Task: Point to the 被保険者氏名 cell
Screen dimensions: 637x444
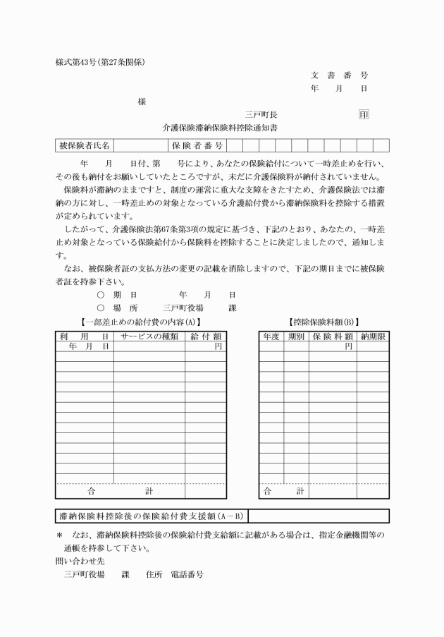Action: pyautogui.click(x=84, y=146)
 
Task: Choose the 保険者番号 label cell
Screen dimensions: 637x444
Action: pyautogui.click(x=197, y=146)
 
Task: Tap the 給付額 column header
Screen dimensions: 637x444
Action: pyautogui.click(x=206, y=336)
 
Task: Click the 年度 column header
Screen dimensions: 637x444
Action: pyautogui.click(x=271, y=336)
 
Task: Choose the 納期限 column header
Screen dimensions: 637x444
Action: pyautogui.click(x=372, y=336)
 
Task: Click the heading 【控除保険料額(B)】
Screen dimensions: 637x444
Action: pyautogui.click(x=323, y=322)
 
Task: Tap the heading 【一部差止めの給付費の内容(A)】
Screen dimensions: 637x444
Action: pyautogui.click(x=141, y=322)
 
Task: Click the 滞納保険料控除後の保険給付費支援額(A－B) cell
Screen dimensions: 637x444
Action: pyautogui.click(x=151, y=516)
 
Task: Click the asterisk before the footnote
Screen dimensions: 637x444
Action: pyautogui.click(x=59, y=534)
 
